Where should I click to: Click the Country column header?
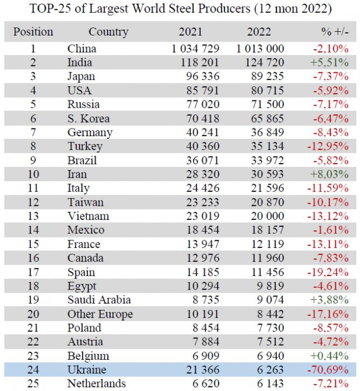point(108,32)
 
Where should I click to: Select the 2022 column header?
point(259,32)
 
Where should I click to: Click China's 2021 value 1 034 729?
point(195,49)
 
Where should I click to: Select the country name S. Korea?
point(89,119)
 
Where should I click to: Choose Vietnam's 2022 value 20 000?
point(266,216)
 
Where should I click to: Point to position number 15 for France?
point(33,244)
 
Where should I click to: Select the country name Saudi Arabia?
point(99,300)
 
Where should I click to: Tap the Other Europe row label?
point(100,314)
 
